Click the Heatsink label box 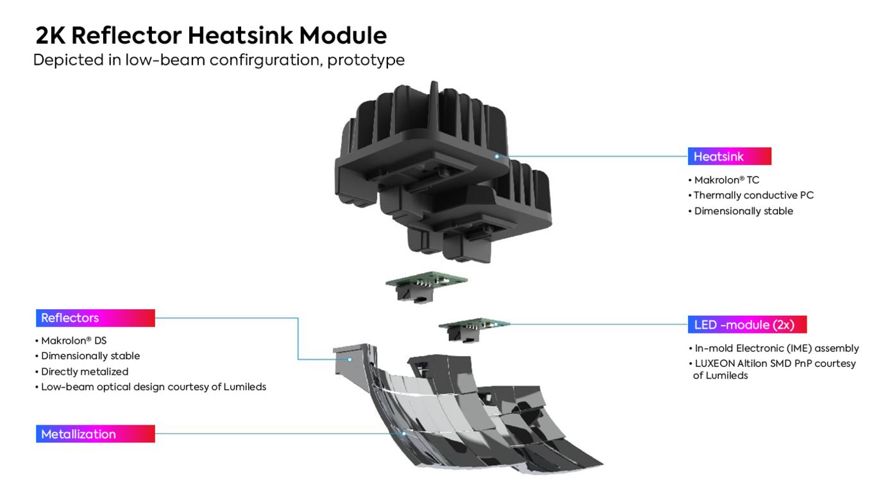[729, 156]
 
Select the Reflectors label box [96, 318]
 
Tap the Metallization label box [96, 434]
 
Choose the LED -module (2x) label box [747, 324]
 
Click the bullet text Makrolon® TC [727, 180]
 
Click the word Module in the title [343, 35]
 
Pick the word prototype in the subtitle [366, 60]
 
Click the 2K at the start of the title [51, 35]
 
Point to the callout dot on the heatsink [496, 157]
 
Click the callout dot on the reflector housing [350, 359]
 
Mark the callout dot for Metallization [405, 434]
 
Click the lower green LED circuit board [474, 324]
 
